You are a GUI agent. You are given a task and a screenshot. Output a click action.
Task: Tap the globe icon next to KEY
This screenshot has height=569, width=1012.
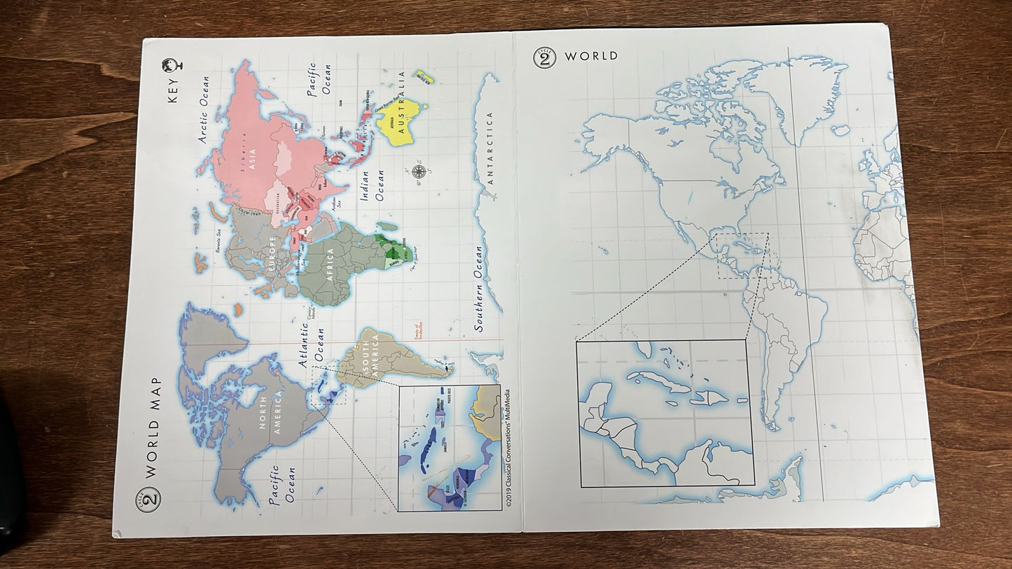click(172, 66)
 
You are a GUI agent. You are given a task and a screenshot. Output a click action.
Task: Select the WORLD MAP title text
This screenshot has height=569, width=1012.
click(153, 428)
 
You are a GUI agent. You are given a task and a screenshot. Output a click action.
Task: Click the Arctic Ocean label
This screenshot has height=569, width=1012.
click(204, 110)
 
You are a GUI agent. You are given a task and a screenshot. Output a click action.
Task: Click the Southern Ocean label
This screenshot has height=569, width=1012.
click(480, 288)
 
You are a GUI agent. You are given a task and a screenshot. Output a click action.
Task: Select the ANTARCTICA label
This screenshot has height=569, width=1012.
click(490, 148)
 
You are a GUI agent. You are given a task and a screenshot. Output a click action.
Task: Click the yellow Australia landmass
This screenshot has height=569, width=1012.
click(401, 123)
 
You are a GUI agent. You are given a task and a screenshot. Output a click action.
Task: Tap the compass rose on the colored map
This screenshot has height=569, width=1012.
click(419, 171)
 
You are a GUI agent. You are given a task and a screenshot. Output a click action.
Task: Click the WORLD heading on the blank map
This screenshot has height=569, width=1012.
click(591, 56)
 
